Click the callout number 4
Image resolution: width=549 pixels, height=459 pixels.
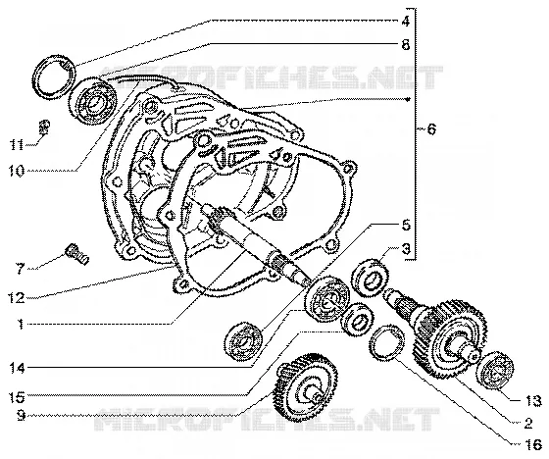pos(406,22)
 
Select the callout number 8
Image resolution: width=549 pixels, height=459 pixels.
pos(406,44)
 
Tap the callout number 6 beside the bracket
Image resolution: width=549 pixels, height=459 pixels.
pos(431,129)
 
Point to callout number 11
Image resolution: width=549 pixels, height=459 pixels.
pos(17,144)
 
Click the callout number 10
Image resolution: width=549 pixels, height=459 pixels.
pos(17,171)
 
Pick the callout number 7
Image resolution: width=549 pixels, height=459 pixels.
pos(19,269)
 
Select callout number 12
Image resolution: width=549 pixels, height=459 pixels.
pos(17,298)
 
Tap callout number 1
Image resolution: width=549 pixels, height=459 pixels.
pos(21,324)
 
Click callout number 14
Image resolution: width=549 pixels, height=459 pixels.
pos(17,368)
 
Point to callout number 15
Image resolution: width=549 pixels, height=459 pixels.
pos(17,397)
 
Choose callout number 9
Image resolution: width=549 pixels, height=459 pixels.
pos(21,416)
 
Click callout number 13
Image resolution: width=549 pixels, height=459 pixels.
pos(533,400)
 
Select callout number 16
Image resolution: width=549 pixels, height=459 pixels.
pos(533,445)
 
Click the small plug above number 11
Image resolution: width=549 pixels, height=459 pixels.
pos(44,127)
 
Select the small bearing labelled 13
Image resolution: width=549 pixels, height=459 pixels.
pos(496,370)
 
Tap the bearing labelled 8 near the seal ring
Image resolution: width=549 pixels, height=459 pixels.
pos(92,101)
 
